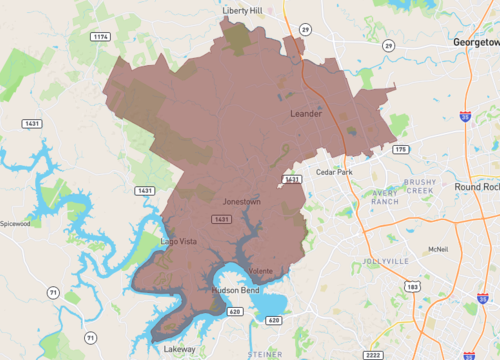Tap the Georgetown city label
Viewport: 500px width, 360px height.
coord(475,43)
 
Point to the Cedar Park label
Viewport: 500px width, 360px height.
coord(334,172)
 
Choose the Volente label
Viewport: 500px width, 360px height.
coord(261,270)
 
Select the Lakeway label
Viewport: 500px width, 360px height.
coord(180,349)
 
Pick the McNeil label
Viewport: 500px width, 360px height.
coord(435,249)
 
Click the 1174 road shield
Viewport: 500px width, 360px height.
coord(100,36)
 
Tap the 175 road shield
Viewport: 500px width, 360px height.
coord(400,149)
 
